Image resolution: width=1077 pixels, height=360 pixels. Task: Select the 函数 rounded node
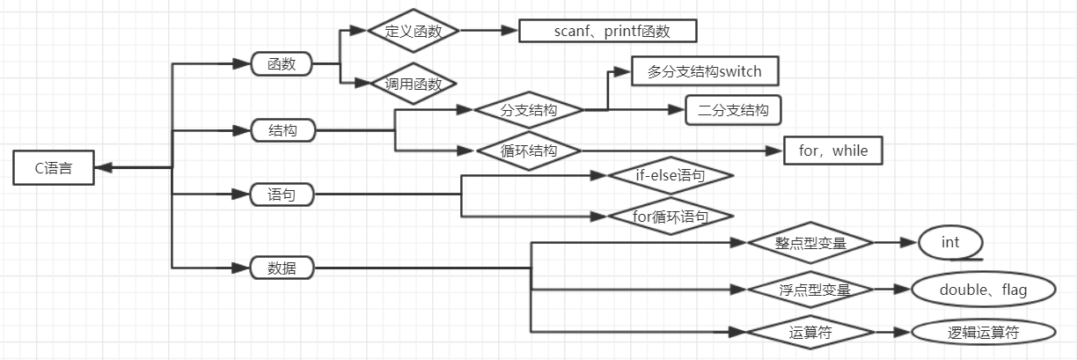coord(282,64)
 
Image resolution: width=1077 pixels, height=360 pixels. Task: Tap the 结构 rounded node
coord(282,131)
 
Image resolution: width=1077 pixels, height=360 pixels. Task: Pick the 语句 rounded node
coord(282,195)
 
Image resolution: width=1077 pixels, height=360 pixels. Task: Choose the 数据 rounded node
coord(282,268)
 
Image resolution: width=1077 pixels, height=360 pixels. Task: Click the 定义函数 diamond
coord(412,31)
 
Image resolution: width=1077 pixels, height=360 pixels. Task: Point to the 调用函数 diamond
coord(413,84)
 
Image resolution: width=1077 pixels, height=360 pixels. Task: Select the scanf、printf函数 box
coord(607,31)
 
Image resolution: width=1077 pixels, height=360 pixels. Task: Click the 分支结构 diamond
coord(529,111)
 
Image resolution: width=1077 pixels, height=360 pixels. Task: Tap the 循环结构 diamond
coord(529,151)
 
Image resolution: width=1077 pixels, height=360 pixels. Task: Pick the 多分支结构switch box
coord(705,71)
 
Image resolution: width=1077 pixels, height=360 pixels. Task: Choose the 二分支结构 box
coord(733,111)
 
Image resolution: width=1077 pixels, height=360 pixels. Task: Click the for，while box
coord(832,151)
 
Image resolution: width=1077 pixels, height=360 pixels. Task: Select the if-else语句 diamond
coord(670,176)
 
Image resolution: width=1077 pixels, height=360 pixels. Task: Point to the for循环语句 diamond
coord(670,216)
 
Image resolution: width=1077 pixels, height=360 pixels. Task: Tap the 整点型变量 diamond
coord(810,243)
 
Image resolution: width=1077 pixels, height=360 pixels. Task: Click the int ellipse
coord(950,242)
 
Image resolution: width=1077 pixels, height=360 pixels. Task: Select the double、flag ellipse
coord(983,290)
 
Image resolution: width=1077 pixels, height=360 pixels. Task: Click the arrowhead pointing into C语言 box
coord(101,167)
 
